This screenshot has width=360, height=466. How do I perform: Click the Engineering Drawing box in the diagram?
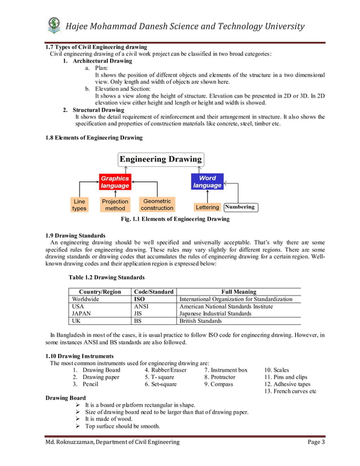click(160, 159)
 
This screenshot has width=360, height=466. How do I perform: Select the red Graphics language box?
click(115, 182)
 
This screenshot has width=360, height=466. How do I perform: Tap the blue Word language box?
click(207, 182)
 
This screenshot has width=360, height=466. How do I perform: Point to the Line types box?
click(80, 205)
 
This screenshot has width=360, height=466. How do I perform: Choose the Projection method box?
click(115, 205)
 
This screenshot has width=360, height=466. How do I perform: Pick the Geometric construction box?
click(157, 204)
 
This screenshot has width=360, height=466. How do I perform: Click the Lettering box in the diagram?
click(207, 208)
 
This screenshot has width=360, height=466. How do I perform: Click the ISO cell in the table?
click(139, 299)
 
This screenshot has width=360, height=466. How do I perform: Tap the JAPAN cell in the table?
click(80, 314)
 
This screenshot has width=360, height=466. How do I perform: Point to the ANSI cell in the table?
click(142, 306)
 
